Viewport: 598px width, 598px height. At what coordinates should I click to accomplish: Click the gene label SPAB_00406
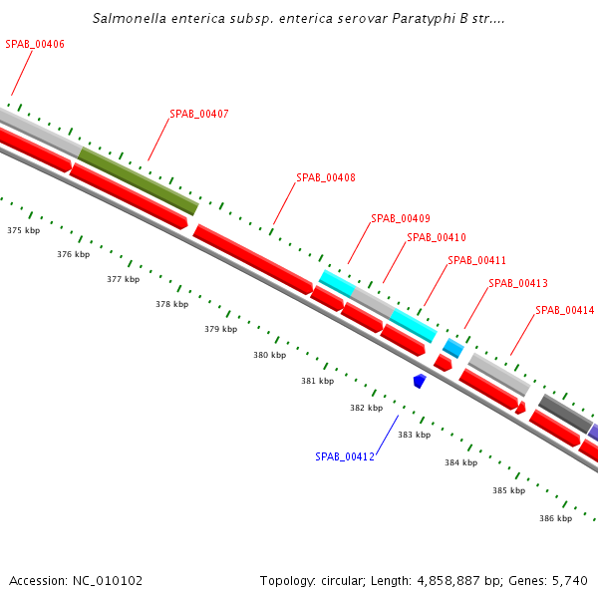(x=35, y=44)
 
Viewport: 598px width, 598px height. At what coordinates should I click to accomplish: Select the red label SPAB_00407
(x=199, y=114)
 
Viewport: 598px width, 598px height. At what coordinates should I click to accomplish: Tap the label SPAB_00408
(x=326, y=177)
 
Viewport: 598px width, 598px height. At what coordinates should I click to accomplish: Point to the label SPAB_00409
(x=401, y=218)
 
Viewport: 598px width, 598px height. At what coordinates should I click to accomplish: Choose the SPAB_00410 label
(x=437, y=237)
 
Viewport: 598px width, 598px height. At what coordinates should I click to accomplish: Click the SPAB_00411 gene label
(x=477, y=260)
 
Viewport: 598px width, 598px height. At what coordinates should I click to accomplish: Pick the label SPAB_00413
(x=518, y=283)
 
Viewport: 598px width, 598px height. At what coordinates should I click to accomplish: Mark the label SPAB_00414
(x=564, y=310)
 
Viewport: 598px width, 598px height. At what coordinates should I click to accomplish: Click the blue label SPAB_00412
(x=345, y=456)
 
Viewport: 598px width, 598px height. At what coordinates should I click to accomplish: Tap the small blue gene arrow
(x=420, y=381)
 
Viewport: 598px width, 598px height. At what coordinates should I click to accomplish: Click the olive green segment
(x=139, y=180)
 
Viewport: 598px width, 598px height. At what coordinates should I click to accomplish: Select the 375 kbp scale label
(x=24, y=230)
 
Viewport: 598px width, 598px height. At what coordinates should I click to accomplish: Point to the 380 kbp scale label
(x=269, y=355)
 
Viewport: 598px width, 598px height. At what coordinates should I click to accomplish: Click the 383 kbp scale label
(x=414, y=435)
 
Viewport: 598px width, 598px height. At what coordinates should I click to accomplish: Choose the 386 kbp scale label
(x=555, y=518)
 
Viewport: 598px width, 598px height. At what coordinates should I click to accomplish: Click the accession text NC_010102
(x=109, y=580)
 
